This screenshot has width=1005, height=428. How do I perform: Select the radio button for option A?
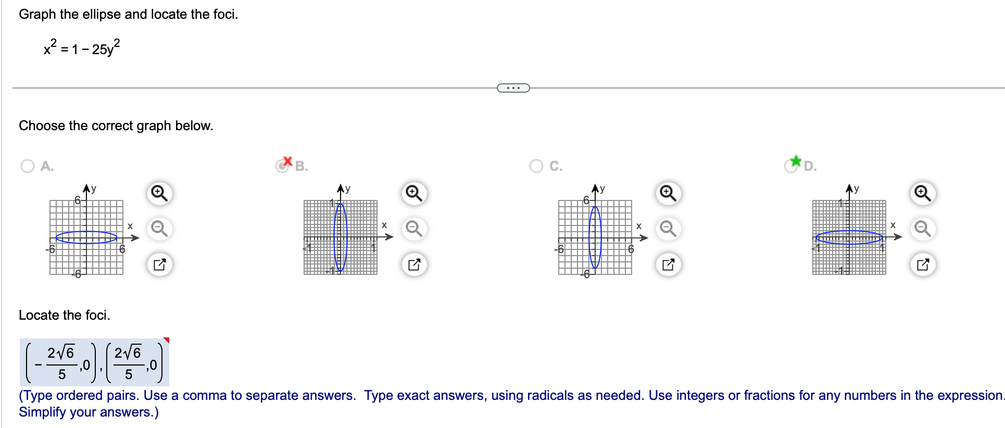point(28,166)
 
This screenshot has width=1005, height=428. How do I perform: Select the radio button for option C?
point(536,166)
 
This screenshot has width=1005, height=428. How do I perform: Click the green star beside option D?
point(795,160)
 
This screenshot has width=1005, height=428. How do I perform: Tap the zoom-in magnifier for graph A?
point(159,193)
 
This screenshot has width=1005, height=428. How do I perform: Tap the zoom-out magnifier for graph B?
point(414,229)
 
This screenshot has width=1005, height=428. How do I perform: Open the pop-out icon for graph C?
point(668,265)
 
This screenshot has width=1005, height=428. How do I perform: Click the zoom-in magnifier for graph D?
point(922,193)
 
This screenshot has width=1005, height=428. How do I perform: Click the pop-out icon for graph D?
point(922,265)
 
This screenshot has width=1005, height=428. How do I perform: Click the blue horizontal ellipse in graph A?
point(86,232)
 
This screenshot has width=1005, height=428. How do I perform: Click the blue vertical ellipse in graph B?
point(335,237)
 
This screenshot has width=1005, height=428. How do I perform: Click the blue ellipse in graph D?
point(849,231)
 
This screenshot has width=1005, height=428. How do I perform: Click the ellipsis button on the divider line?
point(513,88)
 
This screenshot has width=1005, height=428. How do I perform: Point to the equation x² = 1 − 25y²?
point(82,48)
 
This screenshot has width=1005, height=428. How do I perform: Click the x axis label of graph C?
point(639,226)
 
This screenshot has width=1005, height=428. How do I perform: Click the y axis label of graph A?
point(94,188)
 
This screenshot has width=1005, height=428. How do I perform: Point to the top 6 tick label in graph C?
point(586,200)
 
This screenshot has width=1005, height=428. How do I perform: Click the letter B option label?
point(301,166)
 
